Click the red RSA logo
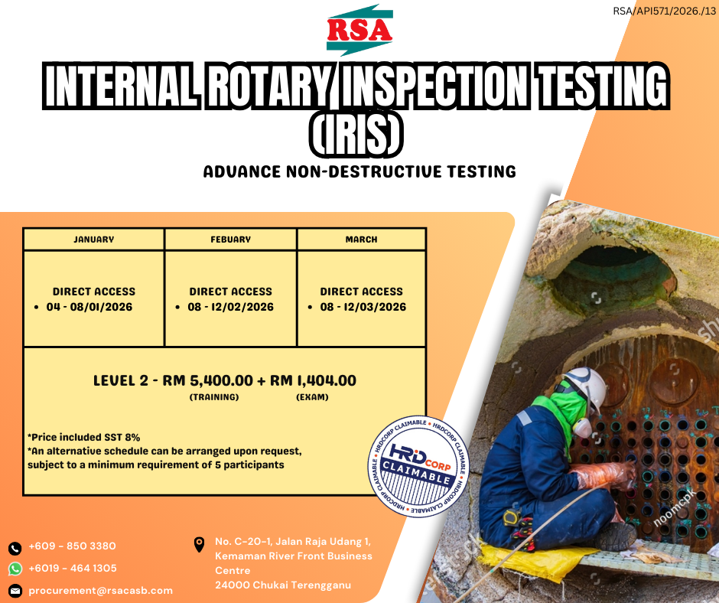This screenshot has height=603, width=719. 359,30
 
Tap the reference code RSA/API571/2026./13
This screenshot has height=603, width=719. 664,11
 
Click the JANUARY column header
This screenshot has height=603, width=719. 94,240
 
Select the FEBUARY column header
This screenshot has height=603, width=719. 231,240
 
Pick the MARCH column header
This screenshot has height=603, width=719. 361,240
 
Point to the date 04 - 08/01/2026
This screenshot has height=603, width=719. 89,307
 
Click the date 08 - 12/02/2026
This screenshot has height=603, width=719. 231,307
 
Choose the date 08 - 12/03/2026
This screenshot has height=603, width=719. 363,307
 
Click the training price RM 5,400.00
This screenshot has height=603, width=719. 208,380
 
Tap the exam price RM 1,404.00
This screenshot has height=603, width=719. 313,380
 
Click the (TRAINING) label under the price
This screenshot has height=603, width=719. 214,397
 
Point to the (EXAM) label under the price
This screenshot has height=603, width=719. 312,397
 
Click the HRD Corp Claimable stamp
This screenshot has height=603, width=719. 418,466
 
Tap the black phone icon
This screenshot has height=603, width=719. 15,548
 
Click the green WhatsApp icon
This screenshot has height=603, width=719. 15,569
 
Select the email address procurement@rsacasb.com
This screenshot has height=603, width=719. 101,591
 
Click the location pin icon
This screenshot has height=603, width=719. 199,544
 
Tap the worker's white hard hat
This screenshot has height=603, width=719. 586,386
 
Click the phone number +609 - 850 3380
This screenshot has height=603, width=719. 73,546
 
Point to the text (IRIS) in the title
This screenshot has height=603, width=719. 356,135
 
